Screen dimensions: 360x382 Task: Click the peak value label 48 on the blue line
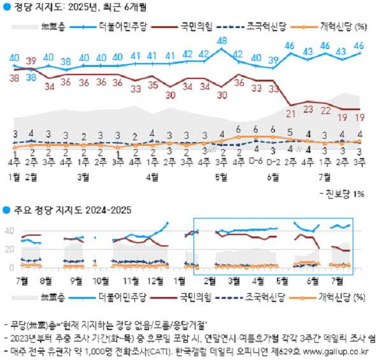point(222,42)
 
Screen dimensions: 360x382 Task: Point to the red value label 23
point(308,109)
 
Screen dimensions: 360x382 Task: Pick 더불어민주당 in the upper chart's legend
point(122,27)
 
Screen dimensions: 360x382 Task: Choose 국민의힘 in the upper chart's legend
point(192,27)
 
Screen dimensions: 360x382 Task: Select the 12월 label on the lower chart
point(154,280)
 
